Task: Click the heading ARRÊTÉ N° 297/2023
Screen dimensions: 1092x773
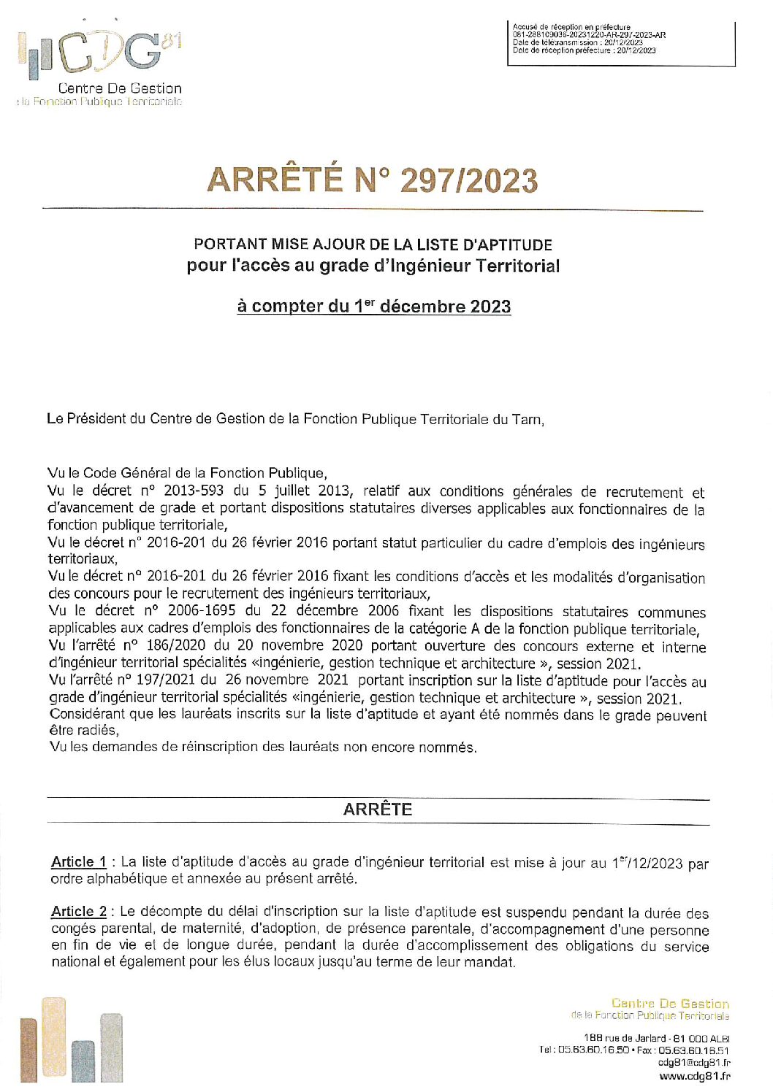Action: pyautogui.click(x=373, y=180)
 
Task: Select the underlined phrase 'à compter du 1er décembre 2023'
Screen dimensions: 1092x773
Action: pyautogui.click(x=373, y=306)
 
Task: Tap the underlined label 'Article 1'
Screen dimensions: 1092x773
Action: pyautogui.click(x=79, y=862)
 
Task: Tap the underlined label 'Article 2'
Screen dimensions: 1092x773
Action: pyautogui.click(x=79, y=912)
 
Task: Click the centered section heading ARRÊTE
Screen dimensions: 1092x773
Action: pyautogui.click(x=378, y=810)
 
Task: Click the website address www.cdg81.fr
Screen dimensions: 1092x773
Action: pyautogui.click(x=694, y=1076)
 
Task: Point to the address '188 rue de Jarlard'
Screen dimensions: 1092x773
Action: pyautogui.click(x=625, y=1038)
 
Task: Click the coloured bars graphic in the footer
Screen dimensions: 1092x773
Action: pyautogui.click(x=72, y=1040)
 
